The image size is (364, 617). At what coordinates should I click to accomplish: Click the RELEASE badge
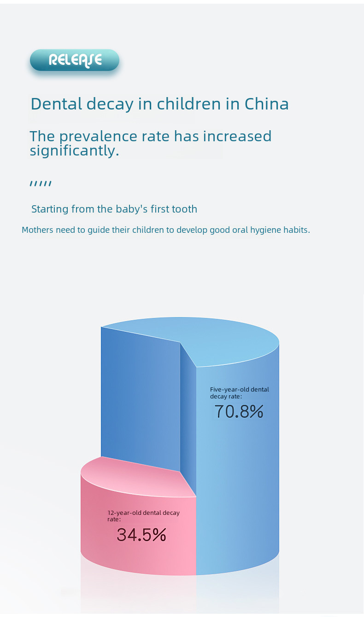(x=75, y=60)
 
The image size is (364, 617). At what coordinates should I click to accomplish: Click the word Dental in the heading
(x=57, y=104)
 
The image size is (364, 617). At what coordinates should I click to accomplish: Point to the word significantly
(x=74, y=150)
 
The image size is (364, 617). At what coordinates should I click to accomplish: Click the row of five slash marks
(x=41, y=184)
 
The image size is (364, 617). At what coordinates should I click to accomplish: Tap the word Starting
(x=50, y=209)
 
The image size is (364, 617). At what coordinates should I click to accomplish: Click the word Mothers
(x=37, y=230)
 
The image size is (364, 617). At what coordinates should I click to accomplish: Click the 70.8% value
(x=239, y=411)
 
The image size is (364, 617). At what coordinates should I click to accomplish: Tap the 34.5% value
(x=141, y=535)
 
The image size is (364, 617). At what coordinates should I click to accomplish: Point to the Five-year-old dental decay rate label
(x=239, y=392)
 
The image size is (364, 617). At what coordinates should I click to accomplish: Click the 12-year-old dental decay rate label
(x=143, y=516)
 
